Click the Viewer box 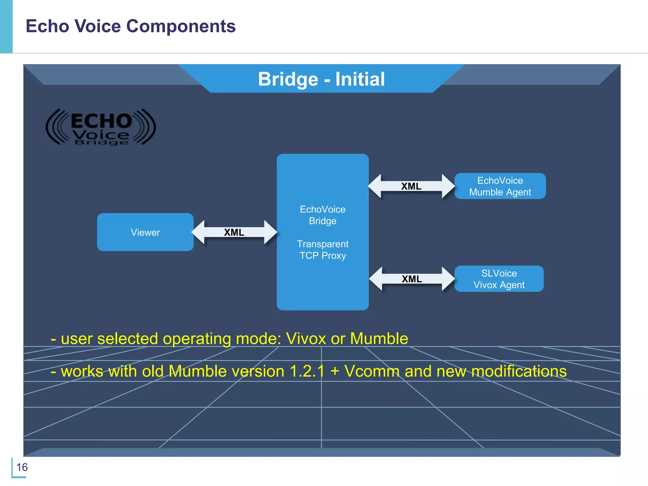point(145,232)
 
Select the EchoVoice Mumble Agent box point(500,186)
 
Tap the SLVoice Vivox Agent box point(499,279)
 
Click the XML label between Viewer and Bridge point(234,233)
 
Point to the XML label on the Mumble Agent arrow point(411,186)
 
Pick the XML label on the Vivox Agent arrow point(412,279)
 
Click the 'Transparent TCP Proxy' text point(322,250)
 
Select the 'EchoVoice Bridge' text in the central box point(322,215)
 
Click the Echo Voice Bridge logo point(101,128)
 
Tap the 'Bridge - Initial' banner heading point(321,79)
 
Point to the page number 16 point(22,467)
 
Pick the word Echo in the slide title point(47,26)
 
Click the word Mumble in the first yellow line point(379,339)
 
